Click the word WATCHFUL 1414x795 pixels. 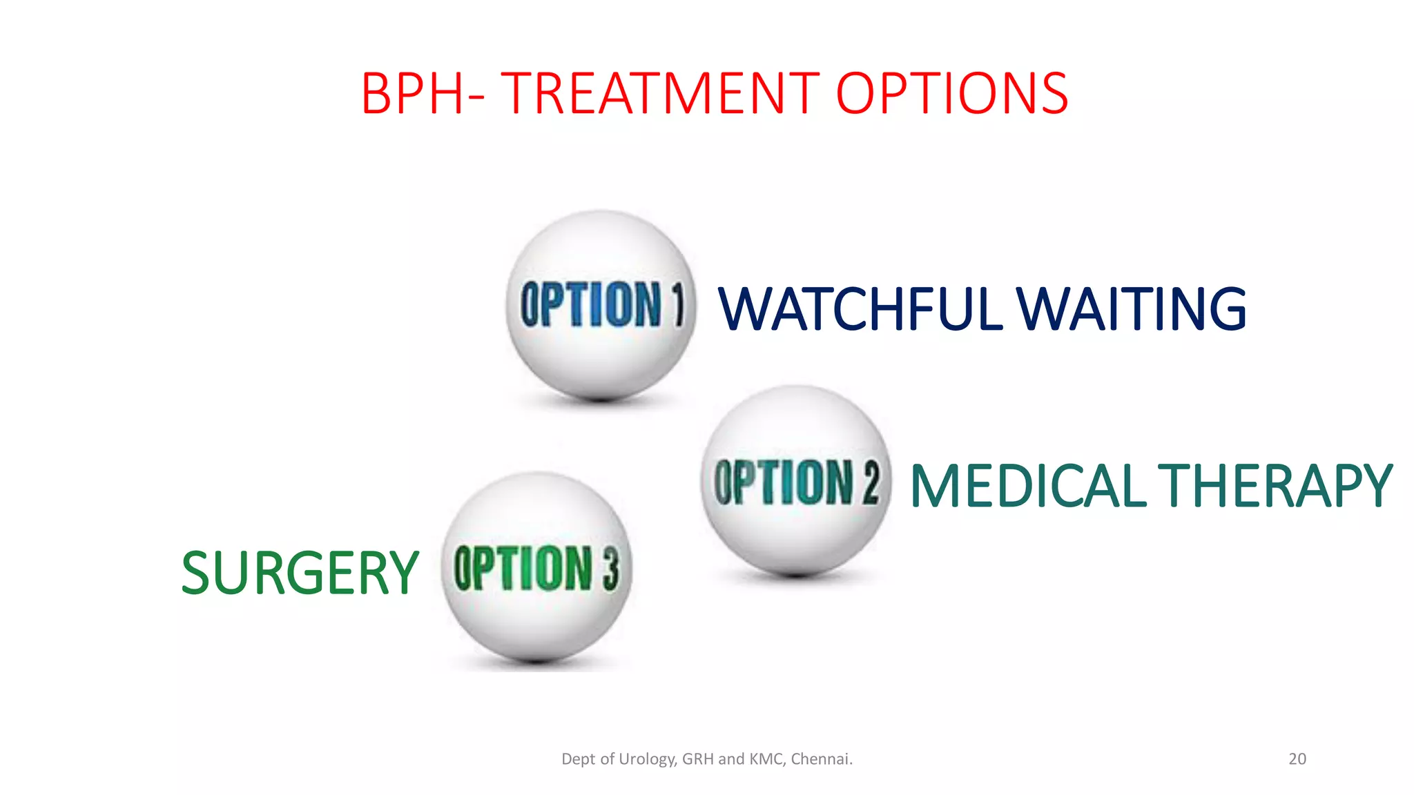click(860, 308)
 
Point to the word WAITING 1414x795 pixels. click(1132, 308)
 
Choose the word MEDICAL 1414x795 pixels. click(1028, 487)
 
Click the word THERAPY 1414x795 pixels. click(1275, 487)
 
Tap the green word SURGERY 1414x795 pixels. click(300, 573)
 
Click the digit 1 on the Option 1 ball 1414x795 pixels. click(678, 304)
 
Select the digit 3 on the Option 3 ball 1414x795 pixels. click(610, 569)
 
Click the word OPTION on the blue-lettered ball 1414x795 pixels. click(591, 304)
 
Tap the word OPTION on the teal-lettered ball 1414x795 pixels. click(784, 482)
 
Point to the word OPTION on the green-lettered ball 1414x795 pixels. click(523, 569)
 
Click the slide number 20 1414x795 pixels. click(1297, 759)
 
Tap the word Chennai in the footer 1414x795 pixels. click(820, 759)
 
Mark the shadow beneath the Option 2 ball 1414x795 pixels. click(795, 573)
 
